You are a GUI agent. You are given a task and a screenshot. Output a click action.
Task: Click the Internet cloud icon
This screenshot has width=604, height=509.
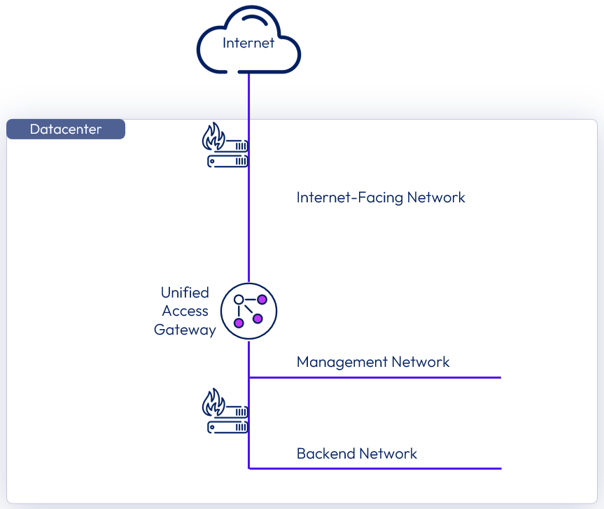point(248,42)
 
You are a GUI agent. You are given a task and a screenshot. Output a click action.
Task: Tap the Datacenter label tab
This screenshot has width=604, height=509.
point(66,130)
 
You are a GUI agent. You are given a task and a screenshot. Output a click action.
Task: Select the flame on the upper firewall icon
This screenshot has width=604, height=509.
point(213,137)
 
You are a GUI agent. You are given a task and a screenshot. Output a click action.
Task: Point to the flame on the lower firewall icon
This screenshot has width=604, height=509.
point(213,403)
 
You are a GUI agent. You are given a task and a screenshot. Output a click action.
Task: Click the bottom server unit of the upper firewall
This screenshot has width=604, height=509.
point(227,160)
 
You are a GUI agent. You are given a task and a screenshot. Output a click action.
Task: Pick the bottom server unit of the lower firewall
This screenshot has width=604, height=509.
point(227,426)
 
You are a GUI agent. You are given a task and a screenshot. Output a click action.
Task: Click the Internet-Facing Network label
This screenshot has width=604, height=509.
point(381,197)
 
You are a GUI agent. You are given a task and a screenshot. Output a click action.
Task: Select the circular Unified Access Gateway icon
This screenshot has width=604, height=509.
point(249,310)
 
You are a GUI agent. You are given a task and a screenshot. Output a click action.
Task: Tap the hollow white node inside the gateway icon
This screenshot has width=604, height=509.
point(239,300)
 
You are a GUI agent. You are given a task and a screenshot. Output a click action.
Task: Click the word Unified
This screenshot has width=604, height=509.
point(185,293)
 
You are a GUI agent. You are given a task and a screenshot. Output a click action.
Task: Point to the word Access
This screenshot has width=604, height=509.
point(185,311)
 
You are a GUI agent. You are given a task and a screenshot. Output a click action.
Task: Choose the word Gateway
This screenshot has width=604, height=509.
point(185,330)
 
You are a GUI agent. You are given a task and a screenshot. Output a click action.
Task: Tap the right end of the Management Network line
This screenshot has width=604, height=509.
point(499,377)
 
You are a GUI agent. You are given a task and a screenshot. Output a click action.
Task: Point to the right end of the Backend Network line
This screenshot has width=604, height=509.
point(499,468)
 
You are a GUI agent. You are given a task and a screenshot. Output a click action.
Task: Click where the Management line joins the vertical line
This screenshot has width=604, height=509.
point(249,377)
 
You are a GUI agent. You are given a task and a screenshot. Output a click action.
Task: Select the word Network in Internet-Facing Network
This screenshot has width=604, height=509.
point(437,197)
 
